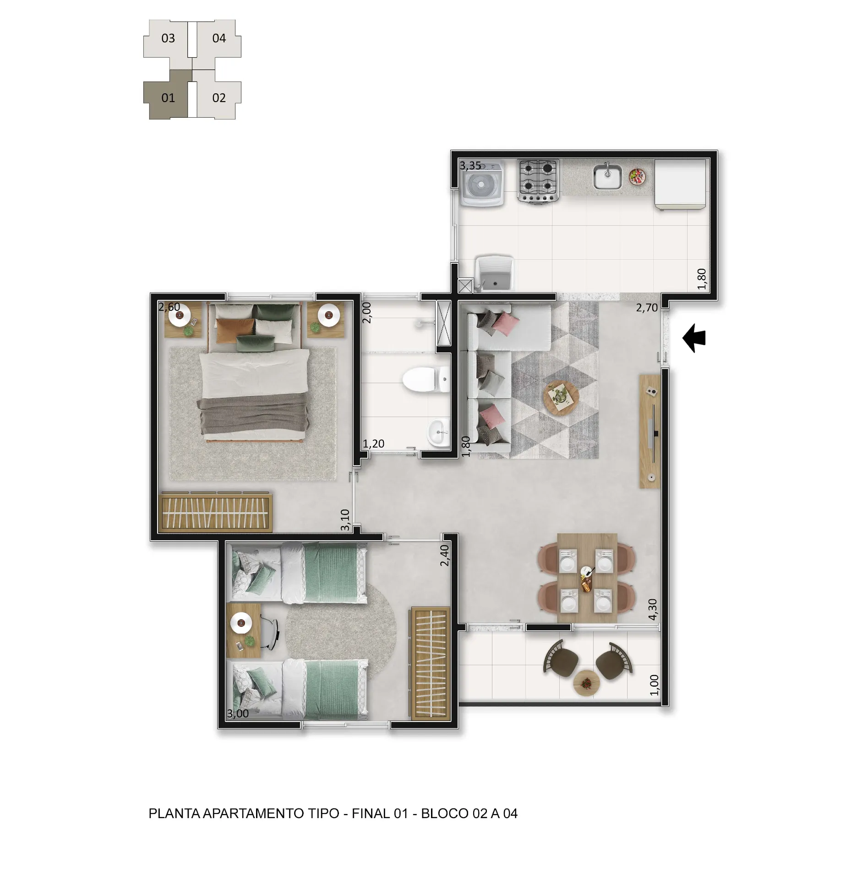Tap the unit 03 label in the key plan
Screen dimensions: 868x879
coord(168,38)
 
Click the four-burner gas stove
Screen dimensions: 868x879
coord(538,180)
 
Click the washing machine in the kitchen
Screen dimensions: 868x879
coord(482,183)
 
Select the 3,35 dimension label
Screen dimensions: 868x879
coord(470,165)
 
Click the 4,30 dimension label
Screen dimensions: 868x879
coord(653,609)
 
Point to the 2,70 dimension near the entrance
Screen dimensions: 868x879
coord(647,308)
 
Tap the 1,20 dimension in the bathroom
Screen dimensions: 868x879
coord(373,444)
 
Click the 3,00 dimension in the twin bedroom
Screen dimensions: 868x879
coord(238,714)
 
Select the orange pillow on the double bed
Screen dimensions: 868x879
coord(235,330)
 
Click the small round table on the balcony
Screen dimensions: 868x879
coord(586,683)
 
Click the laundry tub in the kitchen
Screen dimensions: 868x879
coord(495,273)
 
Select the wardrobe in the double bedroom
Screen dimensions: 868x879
coord(215,512)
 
